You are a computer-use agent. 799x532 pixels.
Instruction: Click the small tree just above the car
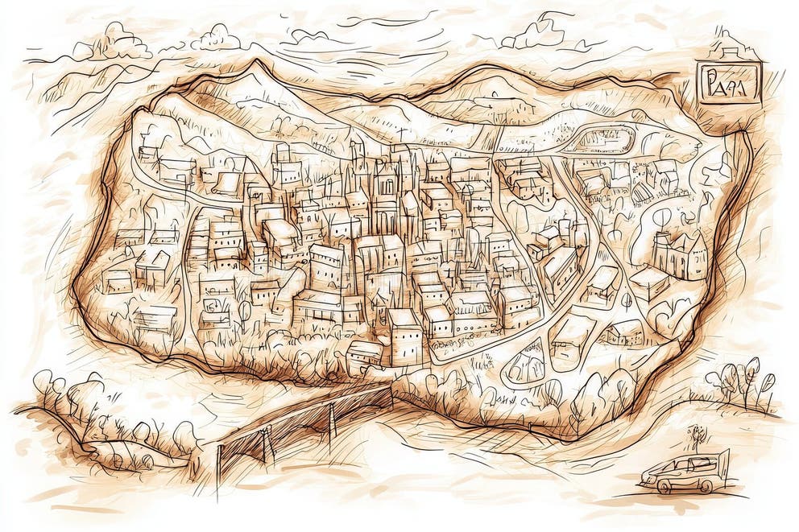[696, 435]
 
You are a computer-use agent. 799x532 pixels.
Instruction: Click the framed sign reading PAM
[729, 84]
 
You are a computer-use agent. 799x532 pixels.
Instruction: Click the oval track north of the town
[600, 138]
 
